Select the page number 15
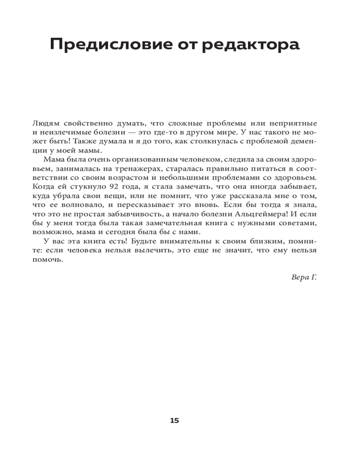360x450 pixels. click(x=175, y=421)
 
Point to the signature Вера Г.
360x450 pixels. click(x=304, y=277)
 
